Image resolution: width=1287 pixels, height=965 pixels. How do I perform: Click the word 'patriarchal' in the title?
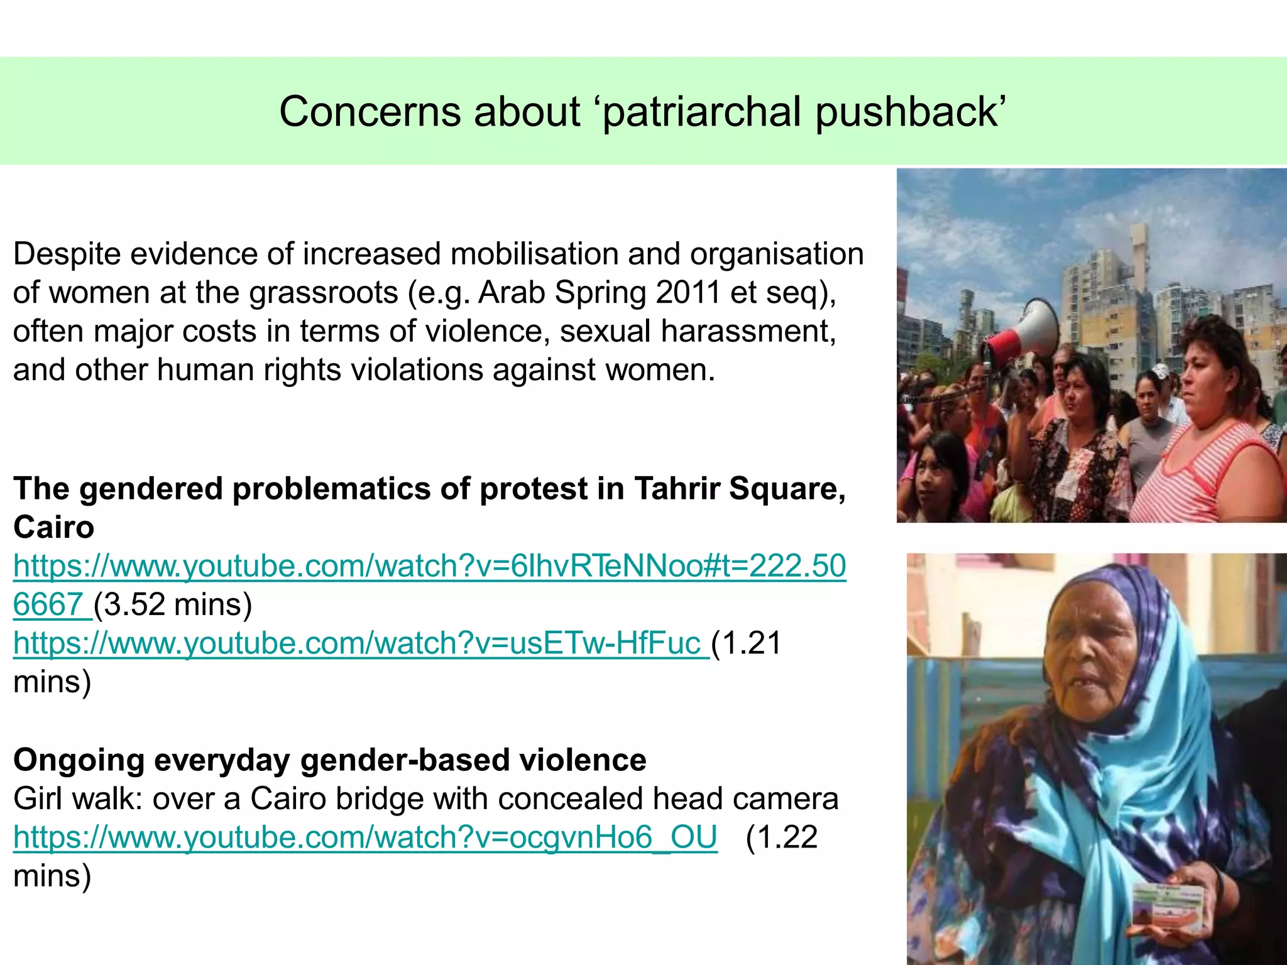701,112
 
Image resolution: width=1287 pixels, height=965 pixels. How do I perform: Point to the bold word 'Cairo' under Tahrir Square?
54,527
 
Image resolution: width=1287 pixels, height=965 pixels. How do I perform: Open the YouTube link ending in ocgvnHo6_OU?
365,837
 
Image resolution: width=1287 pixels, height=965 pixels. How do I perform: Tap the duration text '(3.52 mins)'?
173,604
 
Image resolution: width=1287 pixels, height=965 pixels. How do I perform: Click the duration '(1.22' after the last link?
781,837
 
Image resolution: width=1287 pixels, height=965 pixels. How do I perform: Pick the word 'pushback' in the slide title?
910,112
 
